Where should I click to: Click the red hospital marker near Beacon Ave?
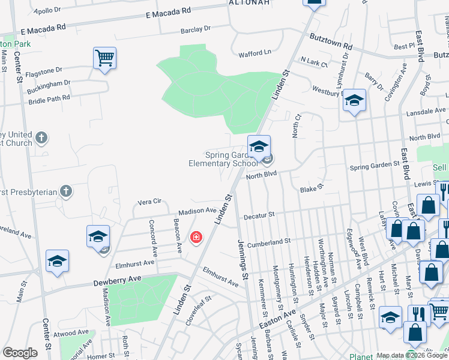tap(196, 238)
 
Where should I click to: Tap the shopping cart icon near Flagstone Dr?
tap(104, 59)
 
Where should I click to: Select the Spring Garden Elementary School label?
tap(223, 158)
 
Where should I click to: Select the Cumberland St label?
tap(270, 241)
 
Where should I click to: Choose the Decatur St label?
tap(259, 215)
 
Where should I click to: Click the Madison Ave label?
tap(196, 211)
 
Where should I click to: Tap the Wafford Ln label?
tap(255, 52)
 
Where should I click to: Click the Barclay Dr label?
tap(196, 29)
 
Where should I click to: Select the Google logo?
tap(20, 353)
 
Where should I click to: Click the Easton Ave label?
tap(278, 317)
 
